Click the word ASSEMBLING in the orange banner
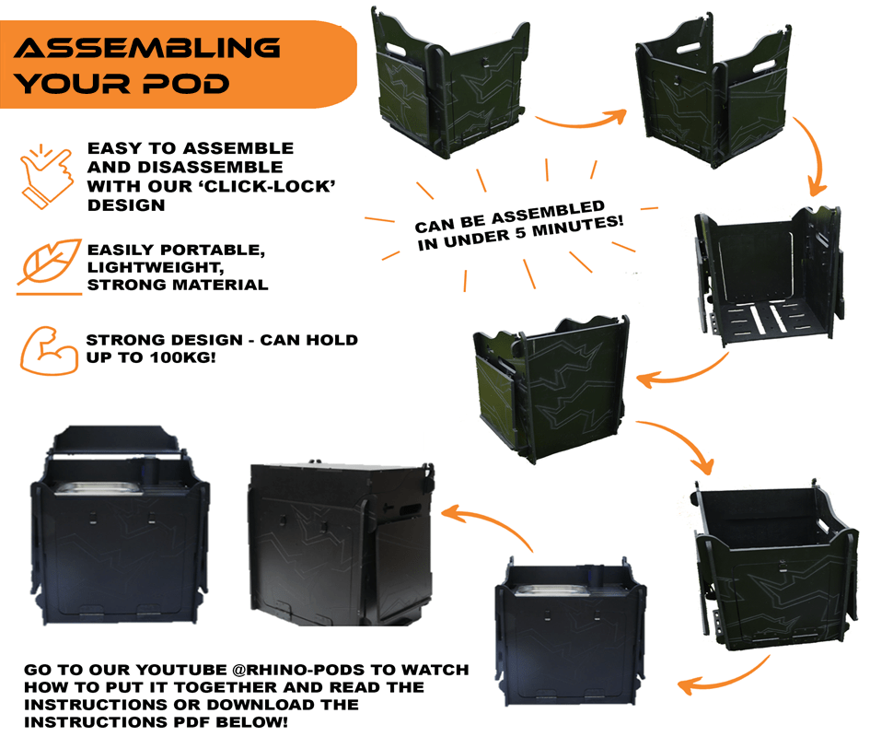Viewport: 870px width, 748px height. [x=147, y=47]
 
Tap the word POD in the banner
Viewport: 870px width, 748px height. [x=187, y=84]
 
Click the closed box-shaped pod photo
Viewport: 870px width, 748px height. [x=341, y=543]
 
